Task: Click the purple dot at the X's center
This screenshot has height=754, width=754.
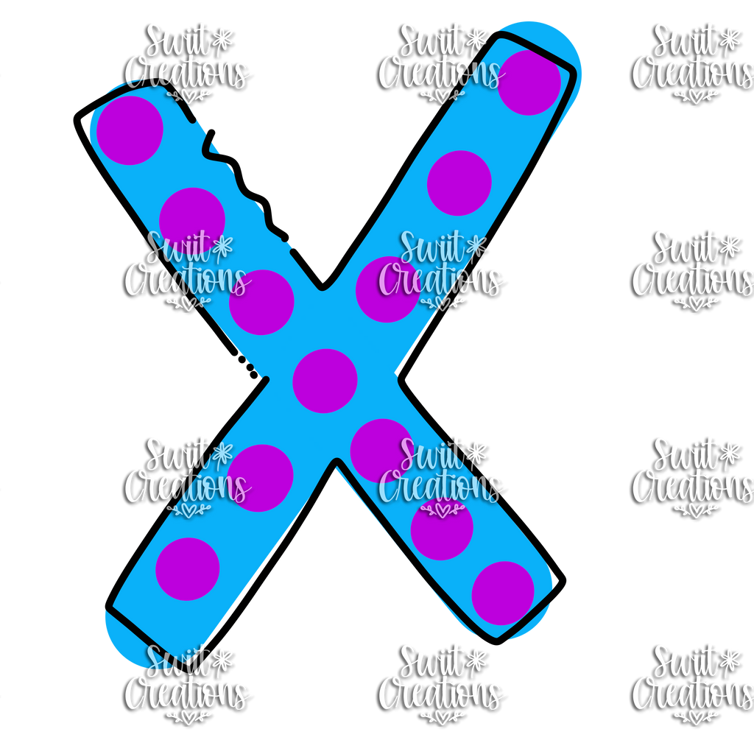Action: pyautogui.click(x=325, y=381)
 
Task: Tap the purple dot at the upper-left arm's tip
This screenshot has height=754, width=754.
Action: pyautogui.click(x=130, y=130)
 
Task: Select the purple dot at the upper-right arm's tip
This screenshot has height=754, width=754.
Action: pyautogui.click(x=529, y=82)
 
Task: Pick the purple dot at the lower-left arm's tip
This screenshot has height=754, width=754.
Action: pyautogui.click(x=188, y=569)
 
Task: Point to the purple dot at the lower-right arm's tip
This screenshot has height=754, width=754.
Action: pyautogui.click(x=503, y=593)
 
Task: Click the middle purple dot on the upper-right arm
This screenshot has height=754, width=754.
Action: pyautogui.click(x=459, y=183)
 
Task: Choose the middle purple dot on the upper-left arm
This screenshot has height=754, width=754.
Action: pyautogui.click(x=192, y=220)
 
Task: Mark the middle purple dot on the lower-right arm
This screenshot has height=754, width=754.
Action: pyautogui.click(x=442, y=529)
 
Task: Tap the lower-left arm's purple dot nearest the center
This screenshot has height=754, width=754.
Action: pyautogui.click(x=260, y=478)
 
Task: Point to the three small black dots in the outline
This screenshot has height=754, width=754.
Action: pyautogui.click(x=244, y=364)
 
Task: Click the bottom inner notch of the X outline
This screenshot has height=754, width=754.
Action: pyautogui.click(x=336, y=462)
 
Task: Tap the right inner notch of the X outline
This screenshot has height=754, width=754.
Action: pyautogui.click(x=401, y=379)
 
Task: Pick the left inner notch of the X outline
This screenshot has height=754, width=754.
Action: pyautogui.click(x=265, y=380)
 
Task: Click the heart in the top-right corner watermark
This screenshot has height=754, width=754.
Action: pyautogui.click(x=695, y=98)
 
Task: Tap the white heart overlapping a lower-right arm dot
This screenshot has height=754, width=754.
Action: pyautogui.click(x=442, y=509)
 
